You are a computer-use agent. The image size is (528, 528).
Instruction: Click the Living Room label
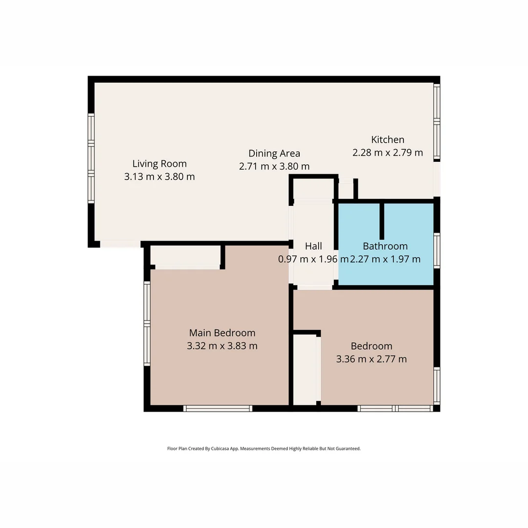(159, 164)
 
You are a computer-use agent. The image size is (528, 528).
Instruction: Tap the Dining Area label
(274, 154)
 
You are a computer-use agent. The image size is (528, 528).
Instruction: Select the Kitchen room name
(388, 140)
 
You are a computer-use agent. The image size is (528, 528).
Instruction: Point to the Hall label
(313, 246)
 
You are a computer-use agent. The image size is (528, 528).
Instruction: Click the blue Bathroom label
(385, 246)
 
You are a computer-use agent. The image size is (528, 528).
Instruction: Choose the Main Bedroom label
(222, 333)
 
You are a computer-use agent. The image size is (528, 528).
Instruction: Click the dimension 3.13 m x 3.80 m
(159, 176)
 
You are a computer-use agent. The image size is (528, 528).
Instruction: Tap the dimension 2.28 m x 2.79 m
(388, 153)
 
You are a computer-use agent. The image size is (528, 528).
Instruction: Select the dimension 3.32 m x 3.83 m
(222, 346)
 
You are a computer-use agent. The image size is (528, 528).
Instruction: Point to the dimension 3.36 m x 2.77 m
(372, 359)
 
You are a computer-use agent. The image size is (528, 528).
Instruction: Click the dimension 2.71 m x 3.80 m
(274, 166)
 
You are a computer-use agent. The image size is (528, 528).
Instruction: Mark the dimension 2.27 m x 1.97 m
(385, 259)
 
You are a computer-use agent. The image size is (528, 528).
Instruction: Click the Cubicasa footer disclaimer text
(264, 448)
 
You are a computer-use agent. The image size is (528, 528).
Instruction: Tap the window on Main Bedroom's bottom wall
(218, 408)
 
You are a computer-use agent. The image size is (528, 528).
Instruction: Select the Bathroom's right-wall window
(437, 250)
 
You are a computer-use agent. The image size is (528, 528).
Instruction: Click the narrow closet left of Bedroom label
(305, 369)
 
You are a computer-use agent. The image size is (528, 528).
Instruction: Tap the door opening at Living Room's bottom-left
(120, 244)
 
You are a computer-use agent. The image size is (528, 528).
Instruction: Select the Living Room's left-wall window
(91, 158)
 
